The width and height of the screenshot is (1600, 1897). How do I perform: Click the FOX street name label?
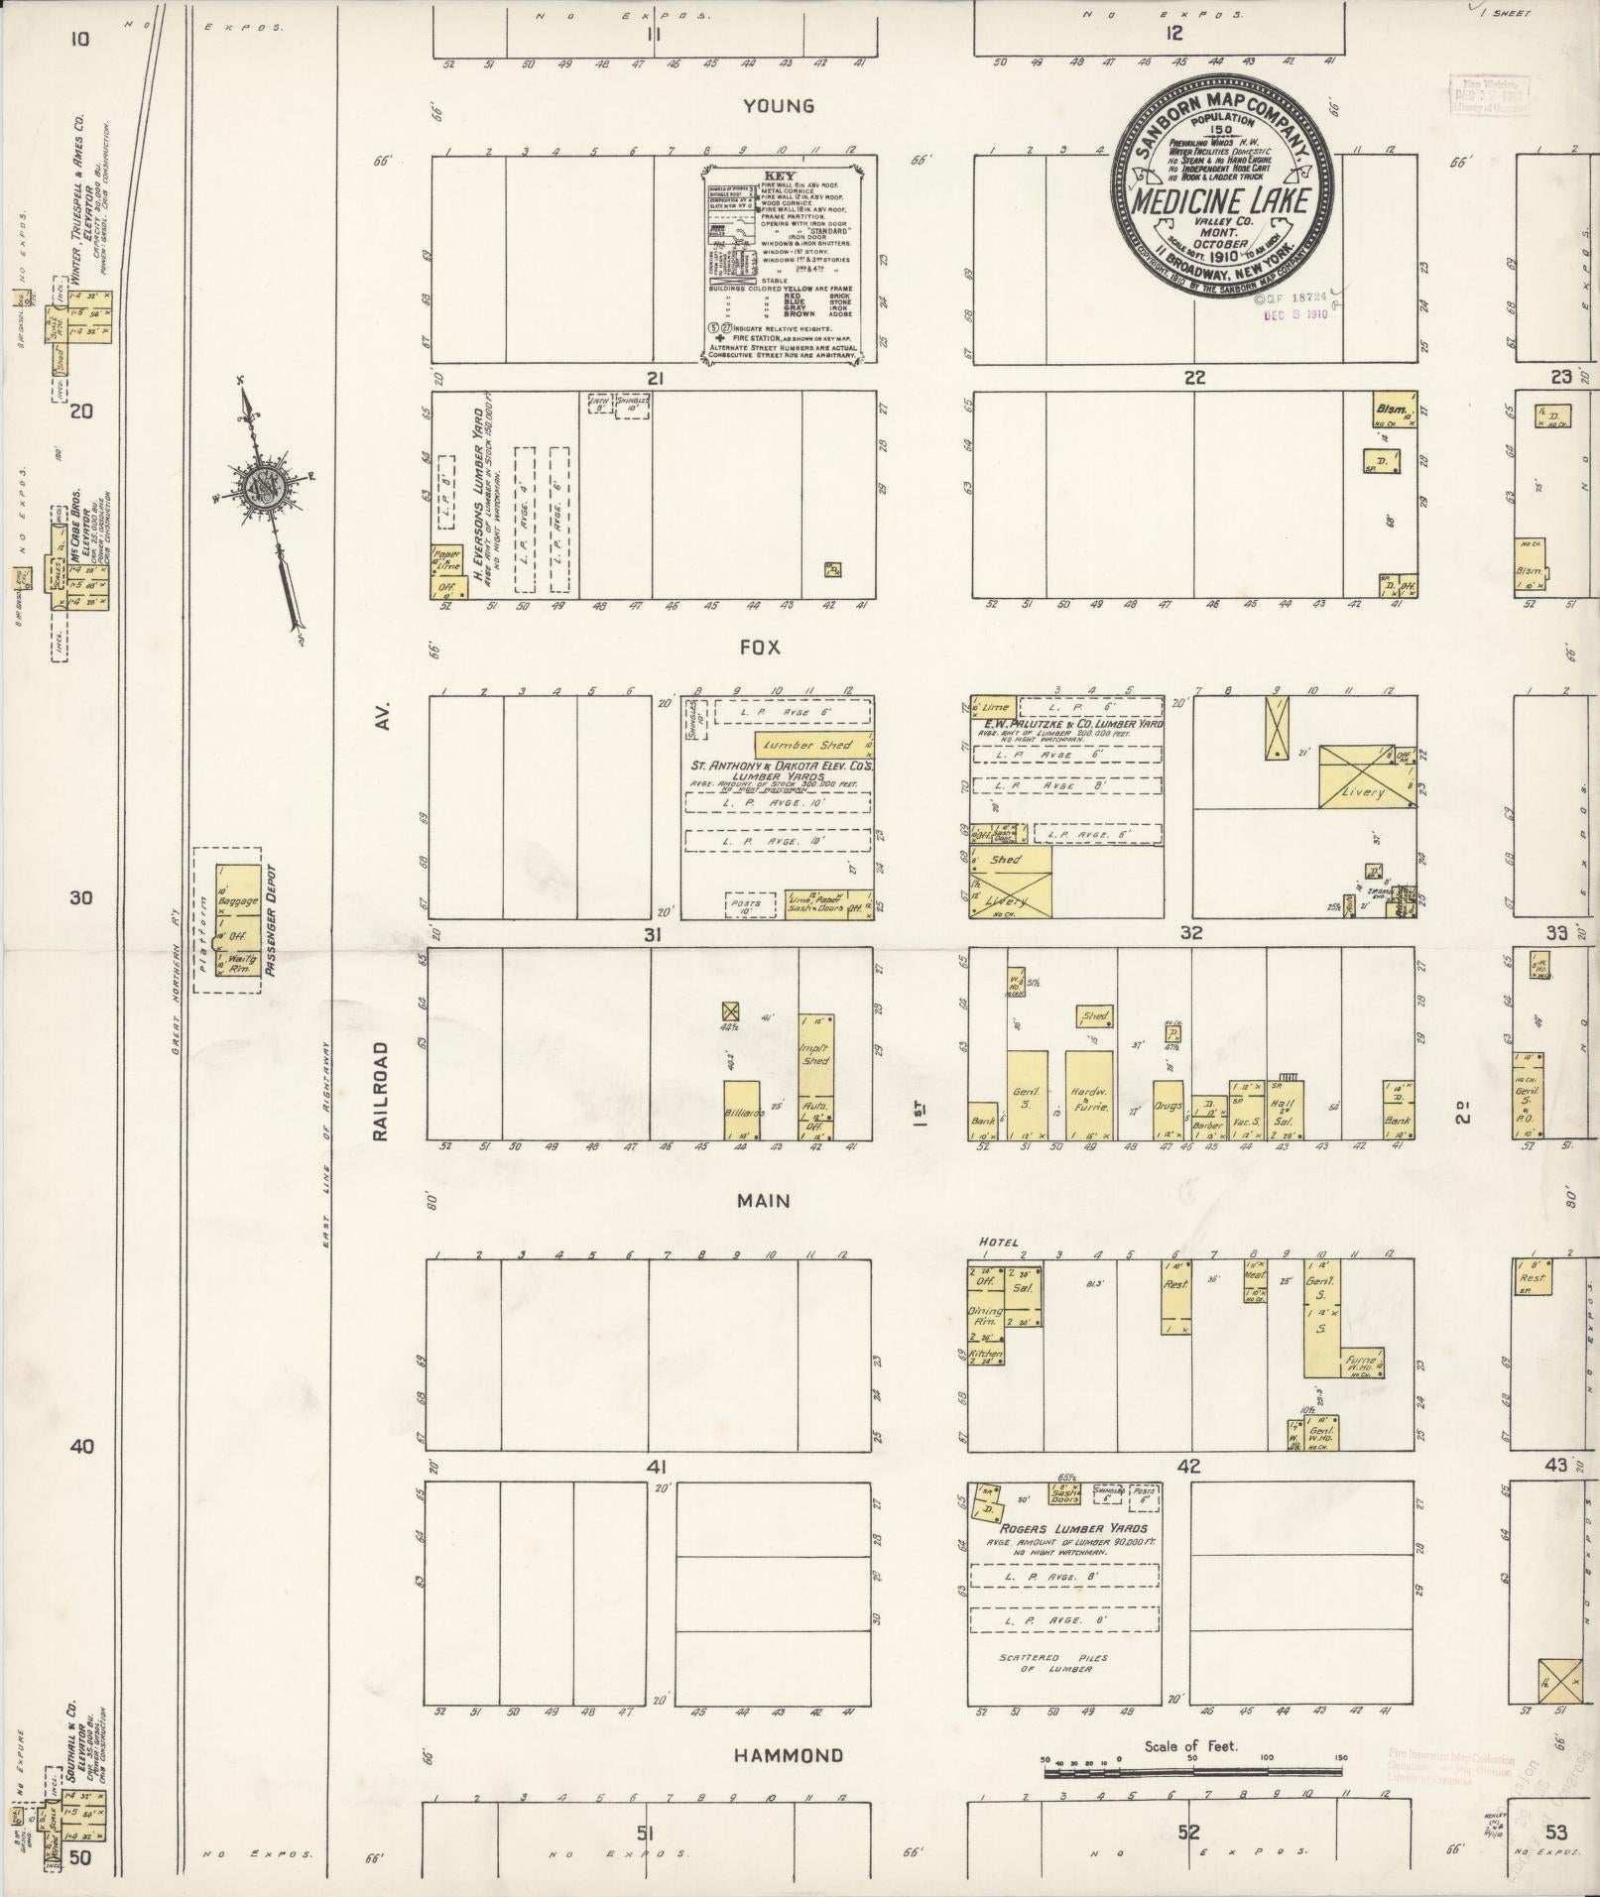pyautogui.click(x=760, y=648)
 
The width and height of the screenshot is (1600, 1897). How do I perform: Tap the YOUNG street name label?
pyautogui.click(x=781, y=106)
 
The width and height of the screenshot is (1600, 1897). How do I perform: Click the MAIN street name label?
pyautogui.click(x=763, y=1201)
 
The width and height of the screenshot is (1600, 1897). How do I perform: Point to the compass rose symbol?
pyautogui.click(x=263, y=486)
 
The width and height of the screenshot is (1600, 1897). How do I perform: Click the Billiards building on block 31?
pyautogui.click(x=741, y=1110)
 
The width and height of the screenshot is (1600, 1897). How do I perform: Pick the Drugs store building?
pyautogui.click(x=1169, y=1107)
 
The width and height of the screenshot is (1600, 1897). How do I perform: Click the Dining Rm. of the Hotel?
pyautogui.click(x=986, y=1317)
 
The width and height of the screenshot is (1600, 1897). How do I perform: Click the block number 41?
pyautogui.click(x=655, y=1467)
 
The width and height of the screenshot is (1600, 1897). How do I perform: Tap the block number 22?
pyautogui.click(x=1193, y=378)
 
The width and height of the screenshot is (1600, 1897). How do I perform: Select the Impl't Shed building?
pyautogui.click(x=815, y=1054)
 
